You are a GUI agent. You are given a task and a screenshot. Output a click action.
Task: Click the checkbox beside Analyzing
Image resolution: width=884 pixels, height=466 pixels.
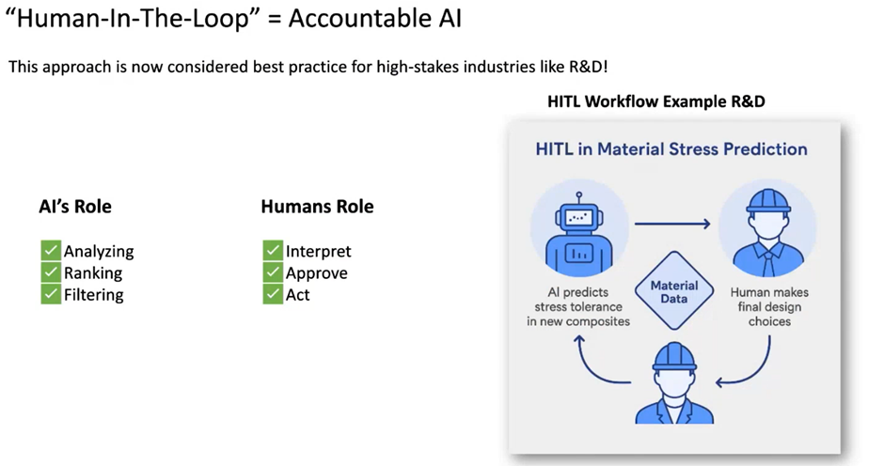[51, 250]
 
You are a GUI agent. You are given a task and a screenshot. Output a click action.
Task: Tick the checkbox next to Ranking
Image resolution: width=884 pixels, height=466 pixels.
[51, 272]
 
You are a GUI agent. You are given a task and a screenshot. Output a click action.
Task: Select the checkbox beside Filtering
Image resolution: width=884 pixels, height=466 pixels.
[51, 294]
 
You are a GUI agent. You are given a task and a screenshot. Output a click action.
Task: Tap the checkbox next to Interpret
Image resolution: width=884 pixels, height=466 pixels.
[273, 250]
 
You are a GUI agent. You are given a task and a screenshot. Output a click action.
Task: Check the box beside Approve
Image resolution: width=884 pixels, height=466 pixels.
[273, 272]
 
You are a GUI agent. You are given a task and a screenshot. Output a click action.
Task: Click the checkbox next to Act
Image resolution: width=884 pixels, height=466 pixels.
[273, 294]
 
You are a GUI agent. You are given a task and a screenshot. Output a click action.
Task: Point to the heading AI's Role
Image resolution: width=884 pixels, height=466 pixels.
[75, 207]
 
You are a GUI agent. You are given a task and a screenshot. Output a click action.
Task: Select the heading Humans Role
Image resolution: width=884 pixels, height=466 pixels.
[317, 207]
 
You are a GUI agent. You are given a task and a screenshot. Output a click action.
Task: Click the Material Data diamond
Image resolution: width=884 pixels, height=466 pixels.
[674, 291]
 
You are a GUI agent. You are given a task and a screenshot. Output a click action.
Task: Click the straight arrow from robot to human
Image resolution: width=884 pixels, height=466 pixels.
[672, 225]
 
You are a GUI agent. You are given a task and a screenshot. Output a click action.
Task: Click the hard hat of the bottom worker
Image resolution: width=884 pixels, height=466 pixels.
[674, 356]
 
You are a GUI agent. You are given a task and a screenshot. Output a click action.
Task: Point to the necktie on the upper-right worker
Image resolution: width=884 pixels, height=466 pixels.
[768, 262]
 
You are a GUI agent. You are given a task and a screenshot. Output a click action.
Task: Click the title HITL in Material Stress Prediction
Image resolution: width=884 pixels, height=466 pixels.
[671, 149]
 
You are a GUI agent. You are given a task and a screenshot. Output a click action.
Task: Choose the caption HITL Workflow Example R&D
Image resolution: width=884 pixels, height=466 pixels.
[656, 101]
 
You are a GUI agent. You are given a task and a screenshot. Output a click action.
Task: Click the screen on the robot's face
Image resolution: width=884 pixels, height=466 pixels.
[579, 217]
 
